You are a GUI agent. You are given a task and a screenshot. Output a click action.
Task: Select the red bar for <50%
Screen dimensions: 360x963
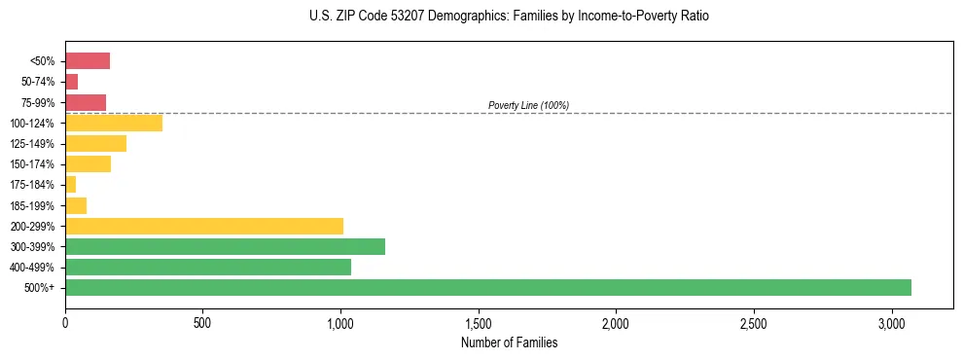point(88,61)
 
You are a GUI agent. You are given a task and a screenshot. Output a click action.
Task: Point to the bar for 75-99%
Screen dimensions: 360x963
point(86,102)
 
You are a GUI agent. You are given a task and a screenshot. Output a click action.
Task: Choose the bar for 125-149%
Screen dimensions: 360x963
point(95,144)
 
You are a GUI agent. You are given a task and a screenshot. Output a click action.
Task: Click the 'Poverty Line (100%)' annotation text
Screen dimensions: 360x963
point(528,105)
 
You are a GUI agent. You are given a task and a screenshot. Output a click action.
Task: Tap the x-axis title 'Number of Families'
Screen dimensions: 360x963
point(509,342)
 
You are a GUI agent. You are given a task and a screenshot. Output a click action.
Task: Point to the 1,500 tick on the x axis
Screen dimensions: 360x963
point(479,322)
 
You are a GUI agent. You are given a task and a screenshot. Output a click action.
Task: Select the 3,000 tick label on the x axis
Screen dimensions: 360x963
point(892,322)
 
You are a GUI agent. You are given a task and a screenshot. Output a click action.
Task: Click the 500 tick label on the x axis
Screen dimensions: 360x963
point(202,322)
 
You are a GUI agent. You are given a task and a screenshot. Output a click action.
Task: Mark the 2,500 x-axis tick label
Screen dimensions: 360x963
point(754,322)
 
